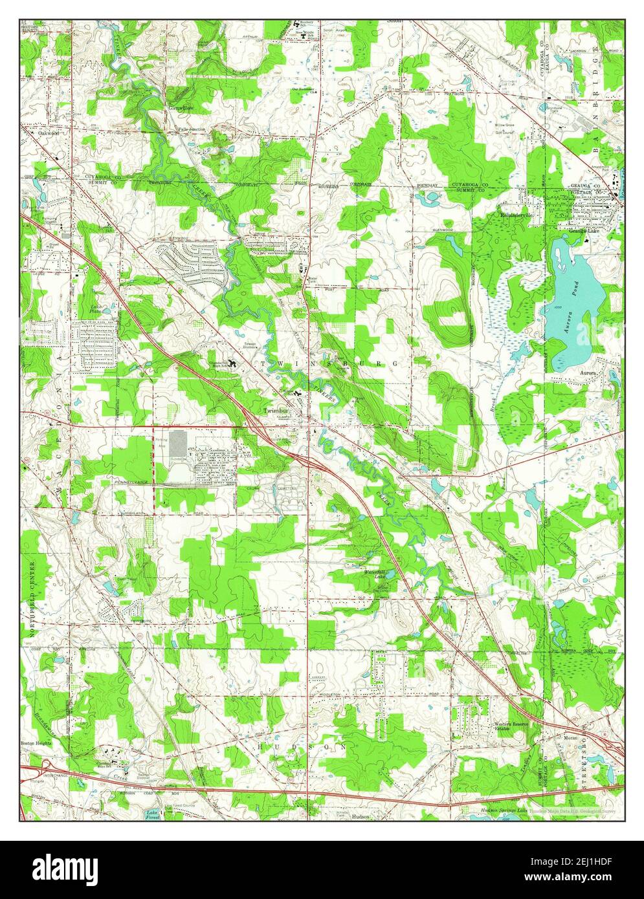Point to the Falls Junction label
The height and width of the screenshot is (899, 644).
click(192, 129)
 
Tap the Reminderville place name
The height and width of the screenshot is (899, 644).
click(515, 215)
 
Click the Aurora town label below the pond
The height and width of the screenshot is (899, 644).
click(587, 374)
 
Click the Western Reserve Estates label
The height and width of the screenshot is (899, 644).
click(512, 726)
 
